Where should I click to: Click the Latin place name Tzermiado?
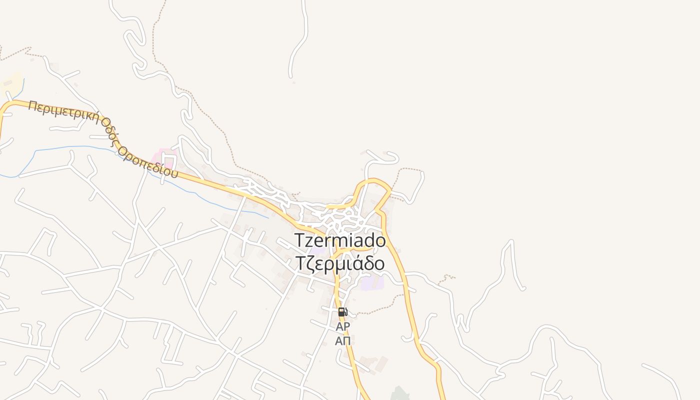click(x=340, y=240)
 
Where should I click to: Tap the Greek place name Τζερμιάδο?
click(x=340, y=263)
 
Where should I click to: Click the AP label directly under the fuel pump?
click(x=342, y=326)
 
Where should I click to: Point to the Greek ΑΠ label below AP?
click(x=342, y=341)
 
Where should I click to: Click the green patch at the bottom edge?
click(x=400, y=394)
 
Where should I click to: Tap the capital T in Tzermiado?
click(x=299, y=240)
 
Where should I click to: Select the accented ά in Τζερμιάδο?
click(x=356, y=263)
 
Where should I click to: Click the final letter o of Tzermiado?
click(x=380, y=241)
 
